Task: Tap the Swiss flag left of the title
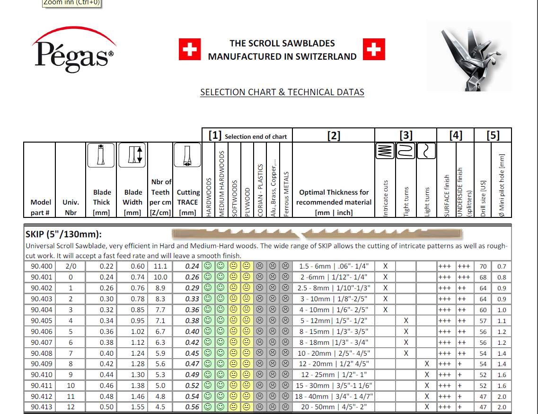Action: pos(190,50)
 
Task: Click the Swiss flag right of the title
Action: pos(374,50)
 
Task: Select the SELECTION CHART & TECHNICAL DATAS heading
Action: pos(282,92)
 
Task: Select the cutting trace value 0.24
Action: pos(192,267)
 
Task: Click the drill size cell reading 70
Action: pos(483,267)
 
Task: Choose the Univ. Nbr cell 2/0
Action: pos(71,267)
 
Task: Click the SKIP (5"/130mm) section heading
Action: pos(63,234)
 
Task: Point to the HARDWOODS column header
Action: pos(208,197)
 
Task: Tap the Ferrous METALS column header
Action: pos(286,194)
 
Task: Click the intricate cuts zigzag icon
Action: pos(385,151)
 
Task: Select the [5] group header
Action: pos(493,135)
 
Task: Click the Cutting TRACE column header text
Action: pos(188,197)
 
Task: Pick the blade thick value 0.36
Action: pos(106,332)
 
